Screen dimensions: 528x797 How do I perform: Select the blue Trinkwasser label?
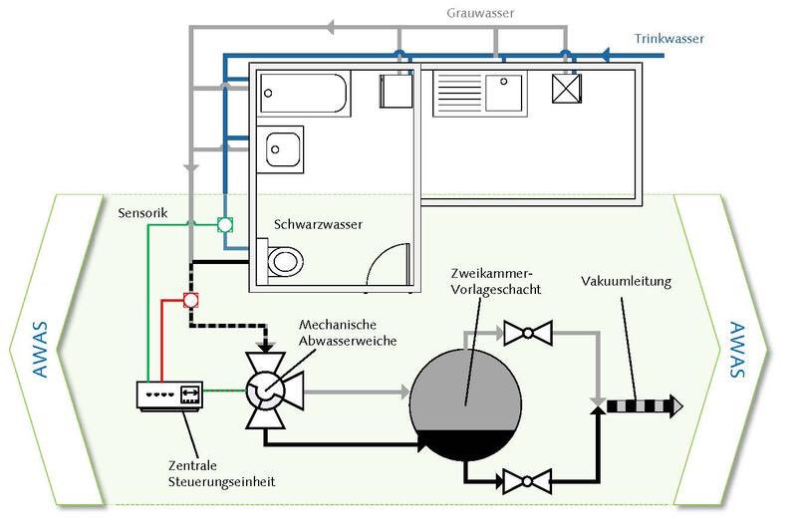669,40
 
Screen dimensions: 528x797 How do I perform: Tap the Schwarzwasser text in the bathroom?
319,225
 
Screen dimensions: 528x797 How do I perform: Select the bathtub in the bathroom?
304,94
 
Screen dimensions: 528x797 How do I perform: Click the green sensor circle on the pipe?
226,225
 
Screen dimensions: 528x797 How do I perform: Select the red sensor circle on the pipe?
190,299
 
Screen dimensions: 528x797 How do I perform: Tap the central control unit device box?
169,396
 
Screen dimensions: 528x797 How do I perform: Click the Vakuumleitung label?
627,282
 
